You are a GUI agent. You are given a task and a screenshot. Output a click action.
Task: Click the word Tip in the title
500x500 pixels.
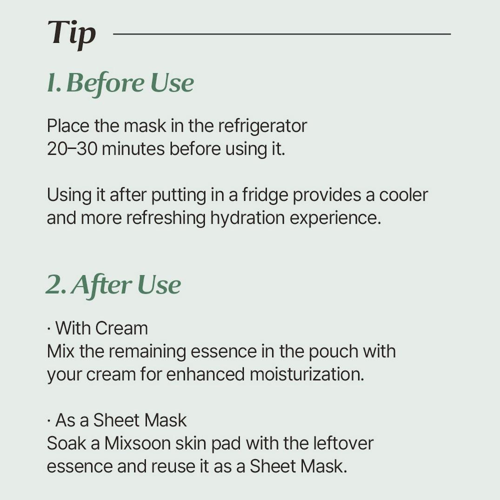click(x=72, y=33)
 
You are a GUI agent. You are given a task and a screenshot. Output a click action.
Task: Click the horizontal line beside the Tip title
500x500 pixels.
click(x=282, y=34)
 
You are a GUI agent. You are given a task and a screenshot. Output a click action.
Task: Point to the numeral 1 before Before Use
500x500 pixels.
click(x=51, y=83)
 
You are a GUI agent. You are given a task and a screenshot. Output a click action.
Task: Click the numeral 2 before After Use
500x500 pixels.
click(x=55, y=285)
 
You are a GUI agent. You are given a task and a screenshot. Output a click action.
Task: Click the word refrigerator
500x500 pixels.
click(x=263, y=126)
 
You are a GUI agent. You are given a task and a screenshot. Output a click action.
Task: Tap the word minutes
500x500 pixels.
click(x=133, y=149)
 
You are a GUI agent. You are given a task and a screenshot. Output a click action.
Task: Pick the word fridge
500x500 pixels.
click(x=265, y=195)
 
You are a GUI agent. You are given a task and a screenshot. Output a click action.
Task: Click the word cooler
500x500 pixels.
click(x=403, y=195)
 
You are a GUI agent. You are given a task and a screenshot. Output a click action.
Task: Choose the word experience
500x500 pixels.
click(x=335, y=218)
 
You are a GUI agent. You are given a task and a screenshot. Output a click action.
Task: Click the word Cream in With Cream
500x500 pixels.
click(x=121, y=328)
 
